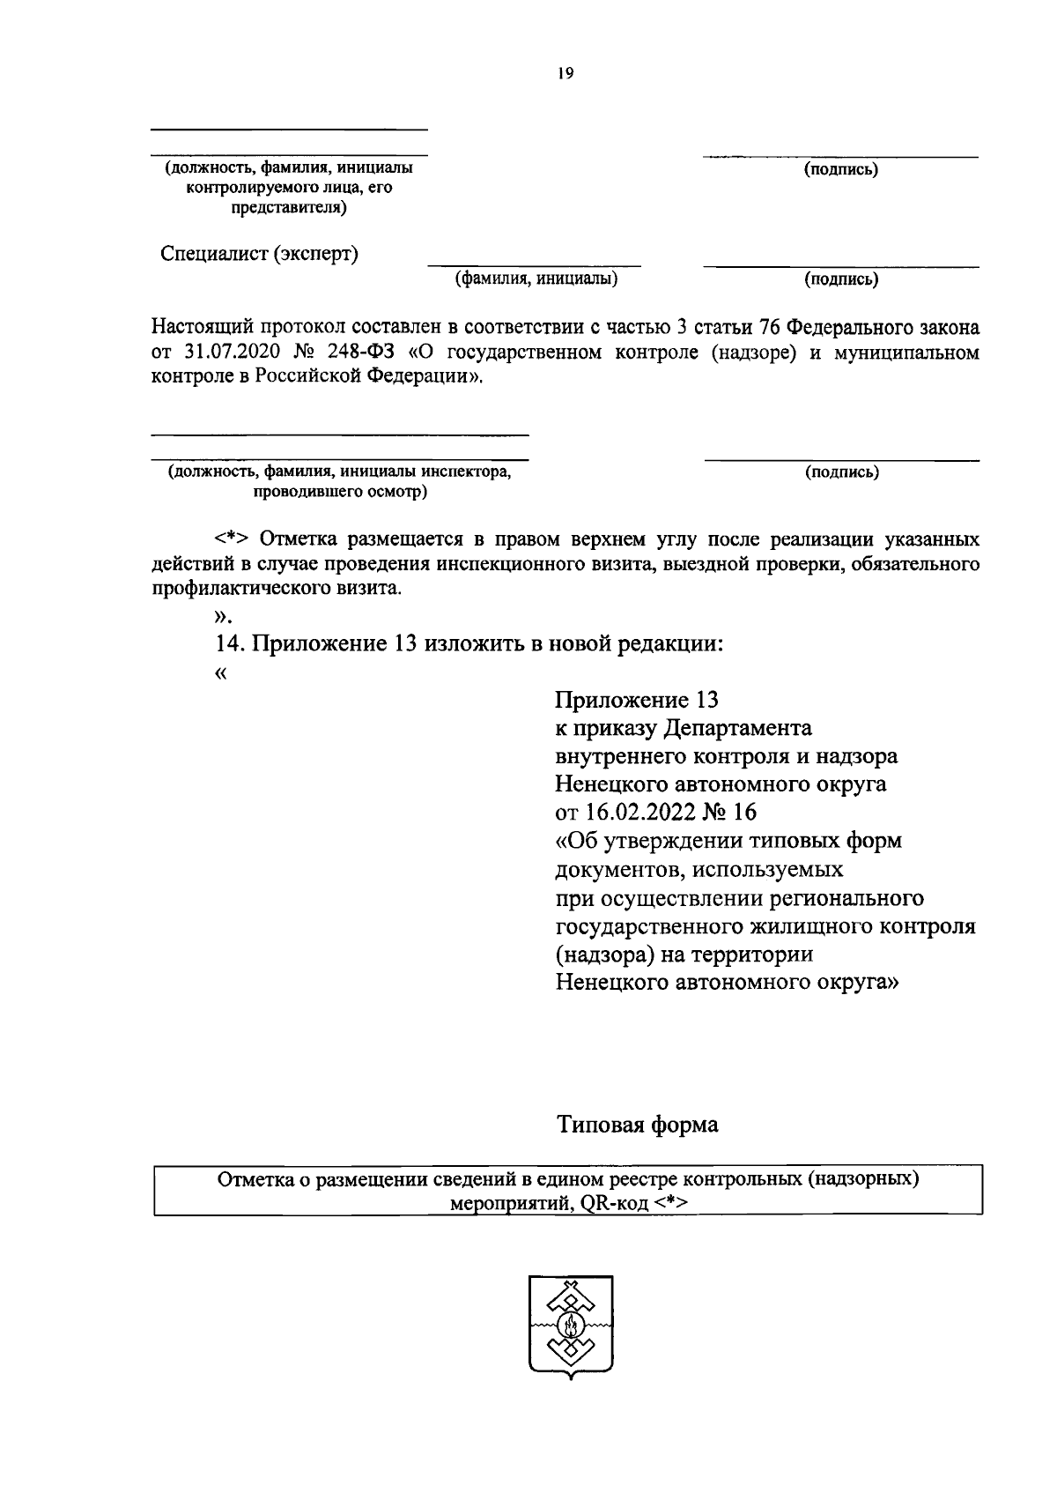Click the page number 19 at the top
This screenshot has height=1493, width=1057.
565,75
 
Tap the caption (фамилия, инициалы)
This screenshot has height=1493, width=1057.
536,279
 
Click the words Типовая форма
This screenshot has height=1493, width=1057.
637,1125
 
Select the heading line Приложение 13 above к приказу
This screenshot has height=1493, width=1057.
637,700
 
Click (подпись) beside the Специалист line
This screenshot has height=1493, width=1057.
840,279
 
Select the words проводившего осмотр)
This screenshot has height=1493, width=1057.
340,492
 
